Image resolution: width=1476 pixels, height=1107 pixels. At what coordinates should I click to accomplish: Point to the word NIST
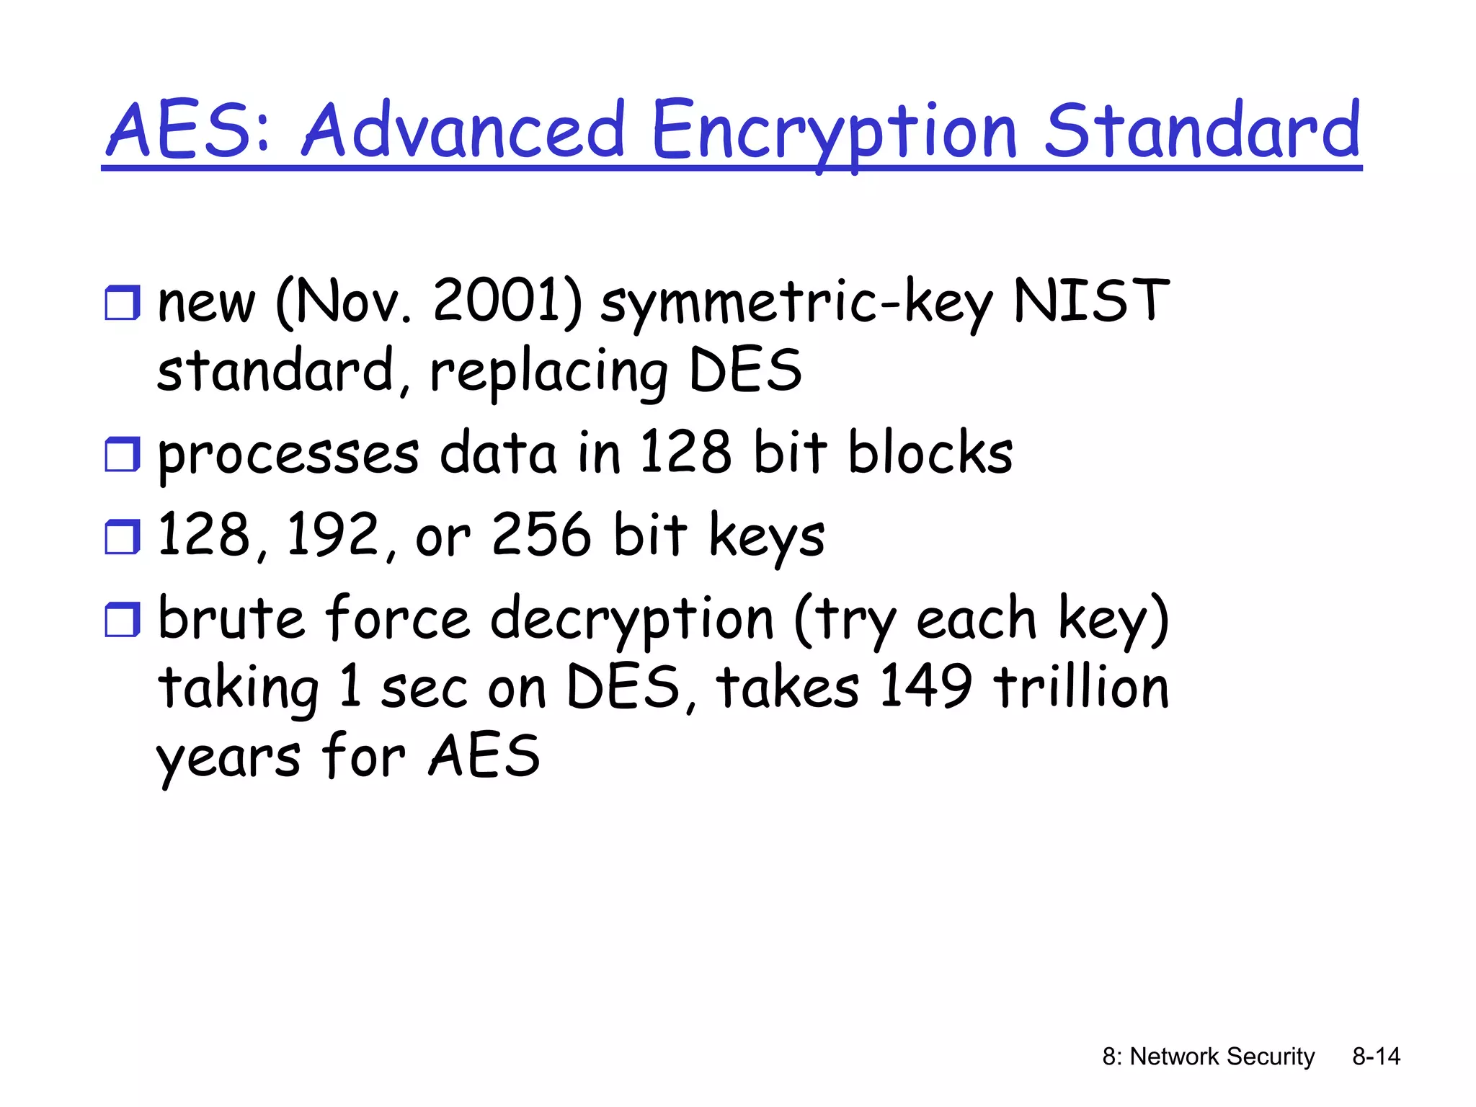[1090, 301]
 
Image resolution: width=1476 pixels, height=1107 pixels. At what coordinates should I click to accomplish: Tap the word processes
[288, 454]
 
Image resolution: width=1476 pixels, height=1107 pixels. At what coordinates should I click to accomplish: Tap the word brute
[231, 618]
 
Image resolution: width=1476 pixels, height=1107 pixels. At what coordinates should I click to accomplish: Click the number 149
[925, 686]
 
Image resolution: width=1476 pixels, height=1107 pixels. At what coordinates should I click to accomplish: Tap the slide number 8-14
[1376, 1057]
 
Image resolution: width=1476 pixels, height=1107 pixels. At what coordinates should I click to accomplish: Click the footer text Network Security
[1222, 1057]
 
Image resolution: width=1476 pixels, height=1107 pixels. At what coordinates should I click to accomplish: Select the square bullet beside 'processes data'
[122, 454]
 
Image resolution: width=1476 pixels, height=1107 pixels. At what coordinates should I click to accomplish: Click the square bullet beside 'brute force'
[122, 620]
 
